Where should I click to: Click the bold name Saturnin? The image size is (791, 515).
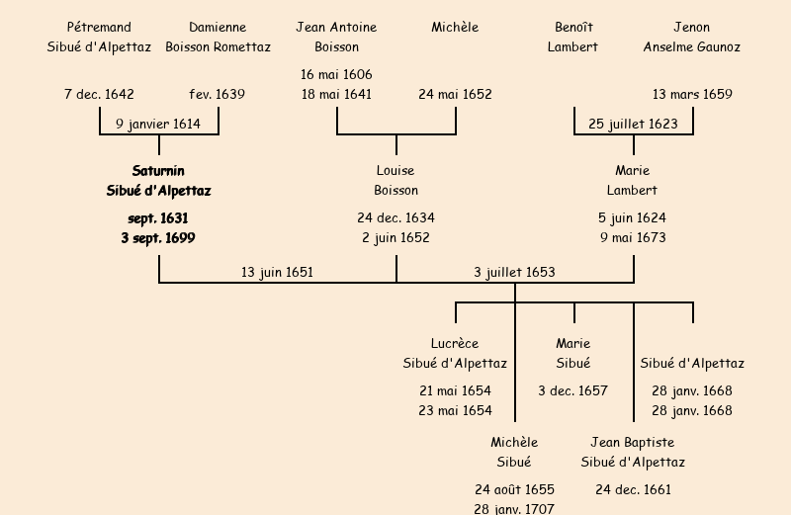158,171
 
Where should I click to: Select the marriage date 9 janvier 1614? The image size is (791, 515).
158,124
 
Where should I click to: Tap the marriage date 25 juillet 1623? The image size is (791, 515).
633,124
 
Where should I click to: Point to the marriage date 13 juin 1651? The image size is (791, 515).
277,272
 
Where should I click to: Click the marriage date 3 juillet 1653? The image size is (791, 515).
514,272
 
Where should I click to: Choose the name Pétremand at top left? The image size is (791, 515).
99,27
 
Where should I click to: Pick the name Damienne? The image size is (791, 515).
218,27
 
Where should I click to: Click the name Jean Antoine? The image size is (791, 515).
336,27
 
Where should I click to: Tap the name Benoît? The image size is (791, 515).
573,27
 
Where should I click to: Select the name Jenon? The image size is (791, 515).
691,27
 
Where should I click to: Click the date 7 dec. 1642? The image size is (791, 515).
99,95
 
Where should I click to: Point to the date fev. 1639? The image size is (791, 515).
218,95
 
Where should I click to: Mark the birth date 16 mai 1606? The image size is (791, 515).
336,74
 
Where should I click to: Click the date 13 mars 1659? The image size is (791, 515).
692,95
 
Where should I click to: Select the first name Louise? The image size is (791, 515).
395,171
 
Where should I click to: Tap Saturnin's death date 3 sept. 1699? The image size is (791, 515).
158,237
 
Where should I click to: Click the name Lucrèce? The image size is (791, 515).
455,343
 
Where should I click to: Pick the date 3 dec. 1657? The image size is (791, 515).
572,390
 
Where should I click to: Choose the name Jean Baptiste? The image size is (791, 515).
633,442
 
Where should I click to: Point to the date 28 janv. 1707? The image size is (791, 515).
514,508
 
